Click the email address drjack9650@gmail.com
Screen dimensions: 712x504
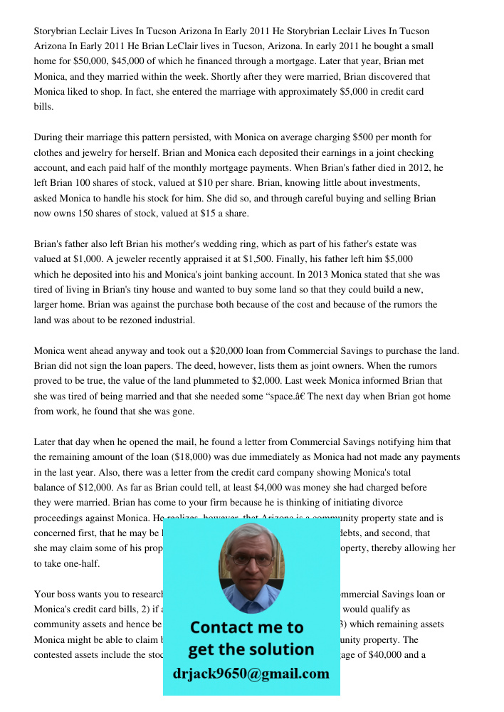251,674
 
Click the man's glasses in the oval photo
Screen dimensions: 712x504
251,559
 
